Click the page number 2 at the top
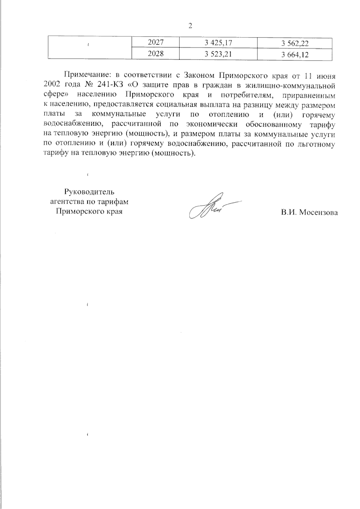(x=190, y=26)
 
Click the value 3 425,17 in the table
(x=218, y=43)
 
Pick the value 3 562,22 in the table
(x=295, y=44)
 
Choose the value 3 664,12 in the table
(x=295, y=55)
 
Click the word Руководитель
(x=89, y=192)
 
